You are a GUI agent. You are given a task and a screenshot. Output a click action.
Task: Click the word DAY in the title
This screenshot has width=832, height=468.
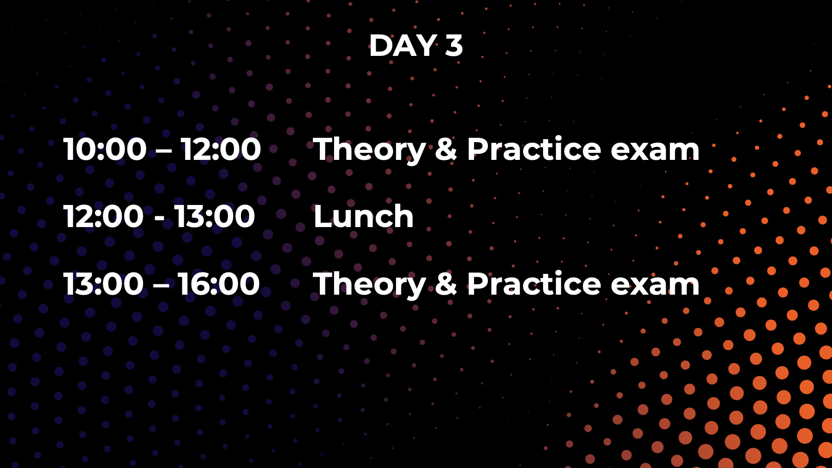pos(403,45)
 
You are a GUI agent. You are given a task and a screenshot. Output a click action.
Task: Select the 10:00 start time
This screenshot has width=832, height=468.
pos(105,149)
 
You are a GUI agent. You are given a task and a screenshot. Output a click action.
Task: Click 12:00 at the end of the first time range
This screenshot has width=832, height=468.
pos(221,149)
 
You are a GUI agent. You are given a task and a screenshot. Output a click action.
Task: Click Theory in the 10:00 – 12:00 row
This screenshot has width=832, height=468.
pos(370,150)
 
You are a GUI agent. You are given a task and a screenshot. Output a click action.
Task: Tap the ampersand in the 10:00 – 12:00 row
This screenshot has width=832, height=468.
pos(446,149)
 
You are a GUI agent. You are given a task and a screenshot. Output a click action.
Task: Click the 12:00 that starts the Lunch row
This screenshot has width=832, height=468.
pos(104,216)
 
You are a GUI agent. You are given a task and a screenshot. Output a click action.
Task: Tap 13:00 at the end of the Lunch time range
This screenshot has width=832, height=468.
pos(215,216)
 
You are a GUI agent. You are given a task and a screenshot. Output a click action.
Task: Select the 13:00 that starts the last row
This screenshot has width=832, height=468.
pos(104,284)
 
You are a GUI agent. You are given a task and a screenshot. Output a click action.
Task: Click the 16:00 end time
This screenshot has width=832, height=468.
pos(219,284)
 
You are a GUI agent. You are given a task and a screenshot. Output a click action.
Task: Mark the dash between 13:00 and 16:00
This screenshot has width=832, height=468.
pos(161,286)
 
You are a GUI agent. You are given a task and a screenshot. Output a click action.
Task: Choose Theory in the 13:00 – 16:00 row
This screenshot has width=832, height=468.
pos(370,285)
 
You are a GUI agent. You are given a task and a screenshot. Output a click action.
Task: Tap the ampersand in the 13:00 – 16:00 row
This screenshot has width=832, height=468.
pos(446,284)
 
